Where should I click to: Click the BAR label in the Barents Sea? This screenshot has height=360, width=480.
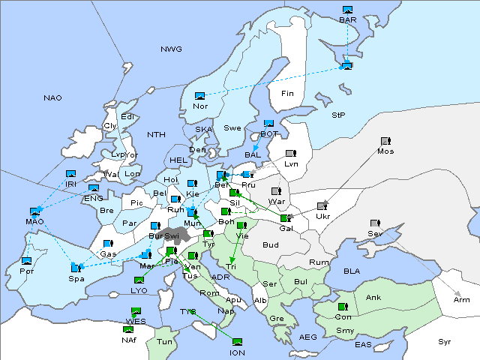[x=347, y=19]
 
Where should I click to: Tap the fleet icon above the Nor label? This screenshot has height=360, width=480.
[x=199, y=96]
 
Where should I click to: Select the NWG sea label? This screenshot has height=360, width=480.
[x=171, y=49]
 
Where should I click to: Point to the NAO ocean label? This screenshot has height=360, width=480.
[x=52, y=97]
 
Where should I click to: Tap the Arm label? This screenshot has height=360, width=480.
[x=462, y=299]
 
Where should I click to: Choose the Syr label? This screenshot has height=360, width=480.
[x=445, y=341]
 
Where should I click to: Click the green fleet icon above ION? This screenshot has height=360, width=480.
[x=237, y=342]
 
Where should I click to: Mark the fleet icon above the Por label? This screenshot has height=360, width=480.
[x=27, y=261]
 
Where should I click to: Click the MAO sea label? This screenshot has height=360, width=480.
[x=34, y=221]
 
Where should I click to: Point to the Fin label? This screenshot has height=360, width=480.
[x=286, y=94]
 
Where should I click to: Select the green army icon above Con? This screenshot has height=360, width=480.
[x=343, y=307]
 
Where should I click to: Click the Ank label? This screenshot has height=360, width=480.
[x=373, y=297]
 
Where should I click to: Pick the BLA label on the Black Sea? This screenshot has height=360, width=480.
[x=352, y=270]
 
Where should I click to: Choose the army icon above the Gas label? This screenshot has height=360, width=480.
[x=108, y=244]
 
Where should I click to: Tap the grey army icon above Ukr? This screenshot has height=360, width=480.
[x=322, y=206]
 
